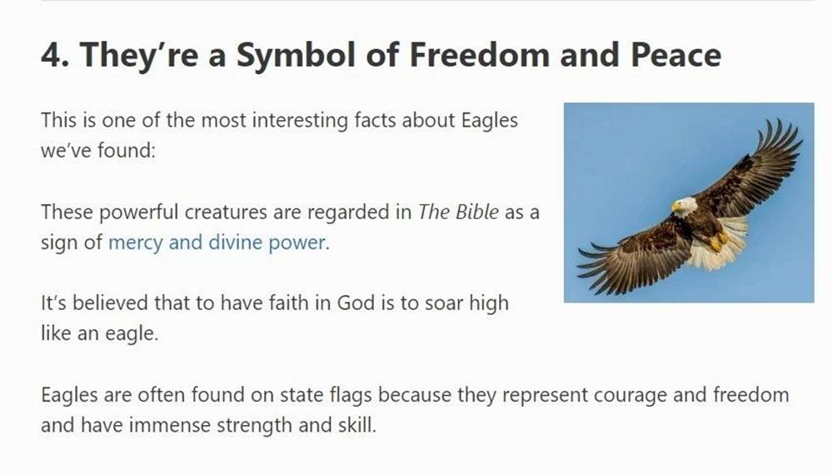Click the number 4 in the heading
(x=52, y=55)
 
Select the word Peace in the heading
(x=676, y=55)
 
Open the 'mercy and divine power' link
(x=217, y=242)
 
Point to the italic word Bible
(x=477, y=212)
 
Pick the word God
(x=356, y=302)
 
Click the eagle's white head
(x=686, y=206)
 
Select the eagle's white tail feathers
(x=717, y=244)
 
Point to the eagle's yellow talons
(x=719, y=241)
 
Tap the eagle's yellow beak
(x=676, y=207)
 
